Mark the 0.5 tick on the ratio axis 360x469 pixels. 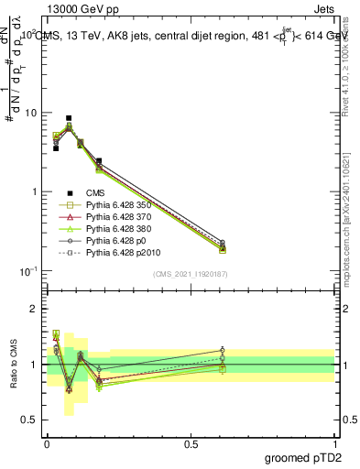pyautogui.click(x=31, y=420)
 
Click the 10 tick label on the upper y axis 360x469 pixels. pyautogui.click(x=30, y=113)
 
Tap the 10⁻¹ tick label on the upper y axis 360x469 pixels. pyautogui.click(x=27, y=271)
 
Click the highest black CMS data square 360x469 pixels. pyautogui.click(x=69, y=118)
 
